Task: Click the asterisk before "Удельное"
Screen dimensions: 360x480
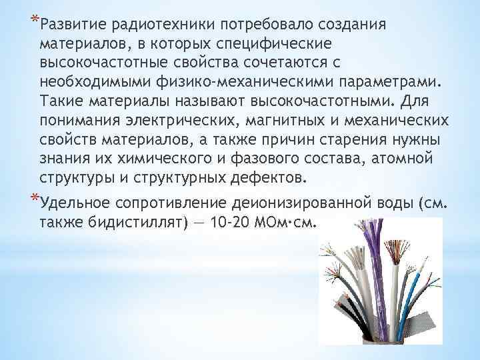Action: coord(34,199)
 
